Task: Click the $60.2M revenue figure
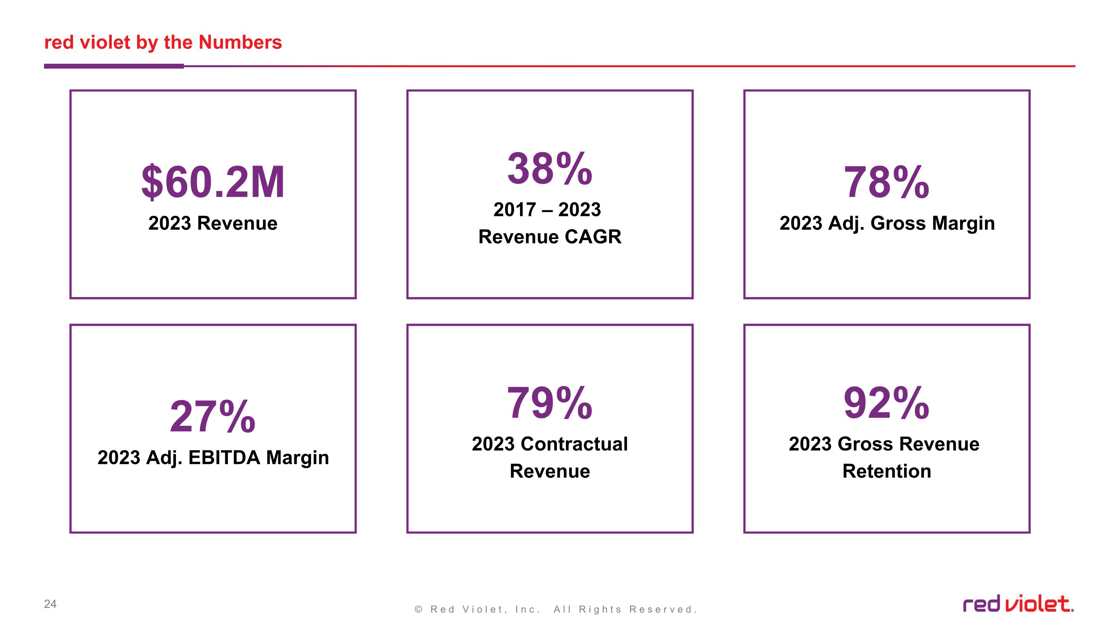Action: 213,182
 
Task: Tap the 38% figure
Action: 549,169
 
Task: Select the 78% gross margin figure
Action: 887,182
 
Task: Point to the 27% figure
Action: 212,416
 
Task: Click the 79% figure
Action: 549,403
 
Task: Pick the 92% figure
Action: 887,403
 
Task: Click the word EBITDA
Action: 224,457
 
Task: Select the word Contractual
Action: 574,444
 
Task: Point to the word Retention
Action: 887,471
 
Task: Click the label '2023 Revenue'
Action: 213,223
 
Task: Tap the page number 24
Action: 50,604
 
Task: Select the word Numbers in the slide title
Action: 240,43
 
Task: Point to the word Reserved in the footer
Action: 663,610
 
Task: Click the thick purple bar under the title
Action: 114,66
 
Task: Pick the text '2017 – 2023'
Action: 547,210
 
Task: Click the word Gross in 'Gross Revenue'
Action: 865,444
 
